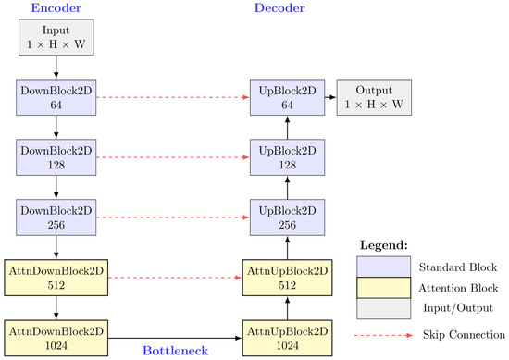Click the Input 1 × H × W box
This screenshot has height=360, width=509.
pos(56,35)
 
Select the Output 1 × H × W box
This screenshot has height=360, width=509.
pos(374,96)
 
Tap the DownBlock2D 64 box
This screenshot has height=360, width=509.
pos(56,96)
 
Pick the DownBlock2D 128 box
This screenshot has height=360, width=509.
pos(56,158)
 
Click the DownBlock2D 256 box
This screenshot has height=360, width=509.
pos(56,218)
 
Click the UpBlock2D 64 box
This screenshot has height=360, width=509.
pos(287,96)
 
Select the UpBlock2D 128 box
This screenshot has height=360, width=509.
pos(287,158)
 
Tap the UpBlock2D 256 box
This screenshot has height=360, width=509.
pos(287,218)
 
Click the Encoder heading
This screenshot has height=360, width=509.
pos(56,8)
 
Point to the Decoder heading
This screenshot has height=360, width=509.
pos(279,8)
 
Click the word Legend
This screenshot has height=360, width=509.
pos(381,245)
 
